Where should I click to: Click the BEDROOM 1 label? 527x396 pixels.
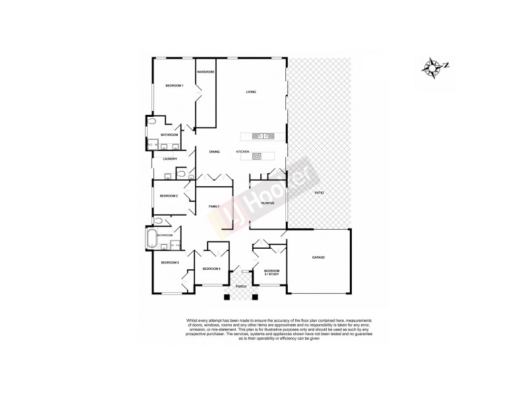click(x=174, y=86)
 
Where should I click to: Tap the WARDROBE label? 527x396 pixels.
click(x=206, y=71)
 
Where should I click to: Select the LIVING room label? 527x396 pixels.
click(x=251, y=92)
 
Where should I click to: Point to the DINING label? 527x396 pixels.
click(x=214, y=152)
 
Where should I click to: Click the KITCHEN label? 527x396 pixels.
click(x=242, y=152)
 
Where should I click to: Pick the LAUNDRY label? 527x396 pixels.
click(x=165, y=158)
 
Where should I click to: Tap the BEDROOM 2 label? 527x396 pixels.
click(x=169, y=196)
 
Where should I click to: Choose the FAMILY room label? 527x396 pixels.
click(x=213, y=207)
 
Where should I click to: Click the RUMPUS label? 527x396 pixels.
click(x=267, y=203)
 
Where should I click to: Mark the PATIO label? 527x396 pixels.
click(x=319, y=192)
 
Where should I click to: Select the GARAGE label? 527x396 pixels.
click(x=319, y=257)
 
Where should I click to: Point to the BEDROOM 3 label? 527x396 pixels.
click(x=170, y=263)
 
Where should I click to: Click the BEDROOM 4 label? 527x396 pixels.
click(x=211, y=269)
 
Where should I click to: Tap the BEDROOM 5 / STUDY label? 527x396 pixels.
click(x=272, y=273)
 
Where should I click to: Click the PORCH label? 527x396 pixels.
click(x=242, y=286)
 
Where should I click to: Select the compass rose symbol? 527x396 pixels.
click(x=433, y=66)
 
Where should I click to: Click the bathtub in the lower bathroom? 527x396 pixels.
click(x=152, y=239)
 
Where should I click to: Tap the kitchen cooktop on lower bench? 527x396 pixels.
click(x=257, y=156)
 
